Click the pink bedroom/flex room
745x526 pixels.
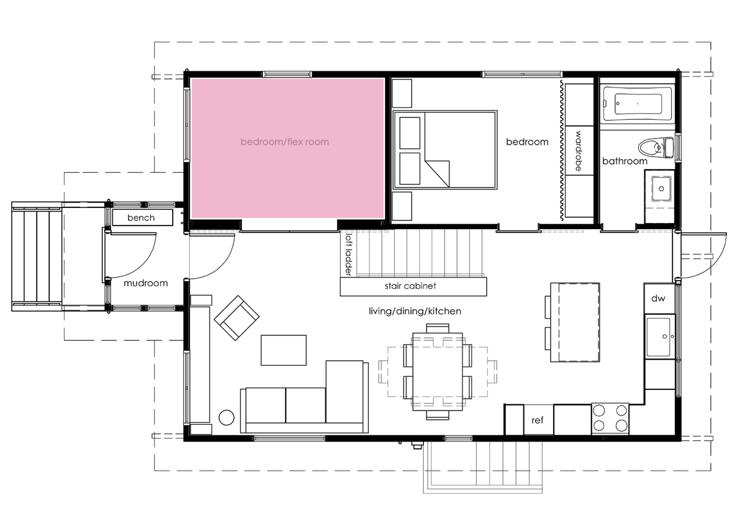(287, 148)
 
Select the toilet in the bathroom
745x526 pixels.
(656, 147)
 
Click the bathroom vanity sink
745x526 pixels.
(661, 189)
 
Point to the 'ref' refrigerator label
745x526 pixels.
(538, 420)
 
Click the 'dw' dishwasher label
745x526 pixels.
(658, 299)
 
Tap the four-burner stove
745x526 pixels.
(610, 419)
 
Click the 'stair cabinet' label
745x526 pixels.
(410, 286)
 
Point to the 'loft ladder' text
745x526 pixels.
(348, 255)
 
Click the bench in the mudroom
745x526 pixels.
(142, 217)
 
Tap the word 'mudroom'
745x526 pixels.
(146, 283)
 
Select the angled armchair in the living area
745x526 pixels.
(237, 318)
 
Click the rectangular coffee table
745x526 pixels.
(283, 350)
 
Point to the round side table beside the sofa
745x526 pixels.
(227, 417)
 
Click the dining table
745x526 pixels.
(437, 371)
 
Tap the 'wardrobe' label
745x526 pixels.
(579, 151)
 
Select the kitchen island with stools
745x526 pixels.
(572, 322)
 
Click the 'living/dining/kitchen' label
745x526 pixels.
(415, 311)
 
